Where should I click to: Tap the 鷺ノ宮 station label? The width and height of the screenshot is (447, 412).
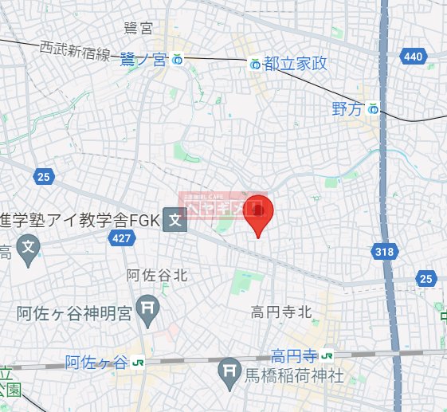[x=144, y=58]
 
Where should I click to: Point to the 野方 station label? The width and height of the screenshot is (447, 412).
[x=347, y=109]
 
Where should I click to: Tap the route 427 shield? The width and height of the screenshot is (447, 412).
[x=122, y=237]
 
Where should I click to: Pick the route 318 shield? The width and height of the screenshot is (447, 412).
[x=383, y=252]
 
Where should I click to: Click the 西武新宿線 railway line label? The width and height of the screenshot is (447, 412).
[x=75, y=52]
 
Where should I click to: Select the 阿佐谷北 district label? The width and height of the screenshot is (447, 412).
[x=157, y=275]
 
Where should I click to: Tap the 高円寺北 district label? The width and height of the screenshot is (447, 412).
[x=280, y=312]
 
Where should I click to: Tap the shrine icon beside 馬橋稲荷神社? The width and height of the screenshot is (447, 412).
[x=229, y=369]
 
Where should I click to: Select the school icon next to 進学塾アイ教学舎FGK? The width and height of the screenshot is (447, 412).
[x=174, y=220]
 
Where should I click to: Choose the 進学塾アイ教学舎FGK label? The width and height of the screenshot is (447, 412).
[x=80, y=220]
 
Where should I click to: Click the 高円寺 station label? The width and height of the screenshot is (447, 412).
[x=294, y=354]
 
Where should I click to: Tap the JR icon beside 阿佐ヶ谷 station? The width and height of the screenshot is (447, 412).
[x=138, y=363]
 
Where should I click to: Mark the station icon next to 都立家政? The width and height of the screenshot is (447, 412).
[x=254, y=63]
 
